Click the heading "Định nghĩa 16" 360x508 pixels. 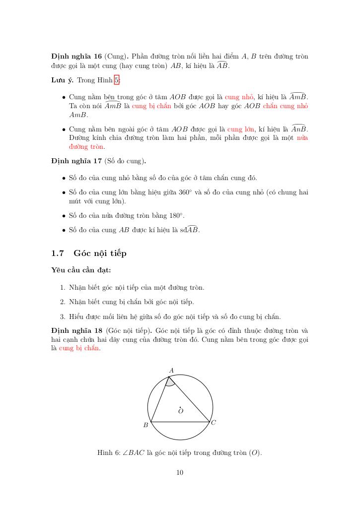(76, 57)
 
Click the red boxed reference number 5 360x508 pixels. (117, 80)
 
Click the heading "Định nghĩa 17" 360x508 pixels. (76, 161)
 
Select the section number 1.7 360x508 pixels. (58, 254)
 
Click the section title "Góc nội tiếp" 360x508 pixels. (100, 254)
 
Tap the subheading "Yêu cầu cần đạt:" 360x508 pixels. (81, 270)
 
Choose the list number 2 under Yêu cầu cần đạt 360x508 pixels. (63, 302)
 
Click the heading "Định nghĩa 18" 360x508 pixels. (76, 330)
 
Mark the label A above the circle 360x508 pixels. (171, 370)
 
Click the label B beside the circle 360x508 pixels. (145, 425)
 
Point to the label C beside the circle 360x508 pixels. (213, 423)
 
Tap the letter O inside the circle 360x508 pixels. (181, 411)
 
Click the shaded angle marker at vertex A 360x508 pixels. (170, 381)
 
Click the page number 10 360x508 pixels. (180, 473)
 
